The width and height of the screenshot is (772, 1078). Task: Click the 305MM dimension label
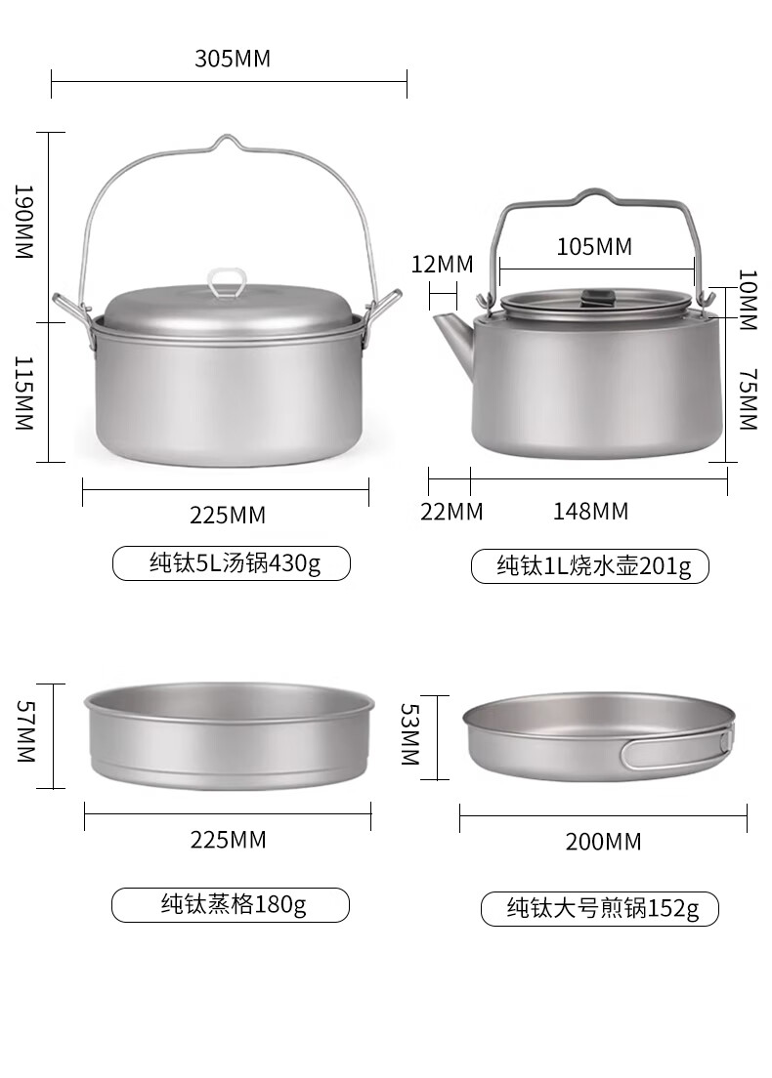click(x=233, y=59)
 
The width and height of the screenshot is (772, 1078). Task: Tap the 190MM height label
click(x=24, y=222)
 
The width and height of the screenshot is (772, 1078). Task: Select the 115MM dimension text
click(x=24, y=393)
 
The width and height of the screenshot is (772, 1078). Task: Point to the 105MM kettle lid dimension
click(x=594, y=246)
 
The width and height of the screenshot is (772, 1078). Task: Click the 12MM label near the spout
click(x=442, y=264)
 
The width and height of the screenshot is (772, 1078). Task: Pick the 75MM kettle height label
click(x=748, y=398)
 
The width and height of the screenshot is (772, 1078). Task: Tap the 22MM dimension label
click(x=451, y=512)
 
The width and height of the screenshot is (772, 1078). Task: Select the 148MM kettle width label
click(x=590, y=511)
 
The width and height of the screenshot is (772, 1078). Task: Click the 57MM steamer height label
click(x=25, y=730)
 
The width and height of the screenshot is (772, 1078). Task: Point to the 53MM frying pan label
click(x=410, y=734)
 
